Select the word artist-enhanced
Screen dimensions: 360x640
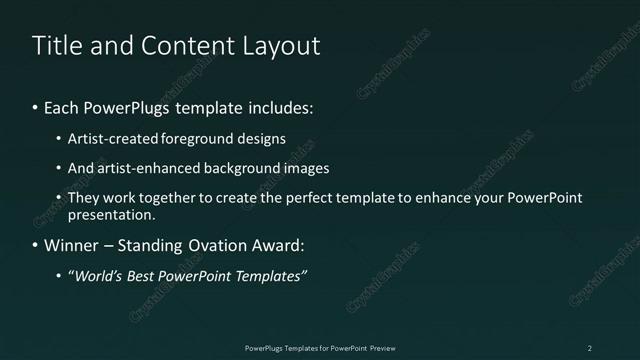(x=143, y=168)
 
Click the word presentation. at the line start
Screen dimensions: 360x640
(x=111, y=214)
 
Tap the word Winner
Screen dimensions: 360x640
(x=71, y=245)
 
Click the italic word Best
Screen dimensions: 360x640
(x=142, y=275)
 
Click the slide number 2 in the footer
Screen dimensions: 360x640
(x=590, y=348)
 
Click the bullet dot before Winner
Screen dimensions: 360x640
(x=36, y=245)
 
